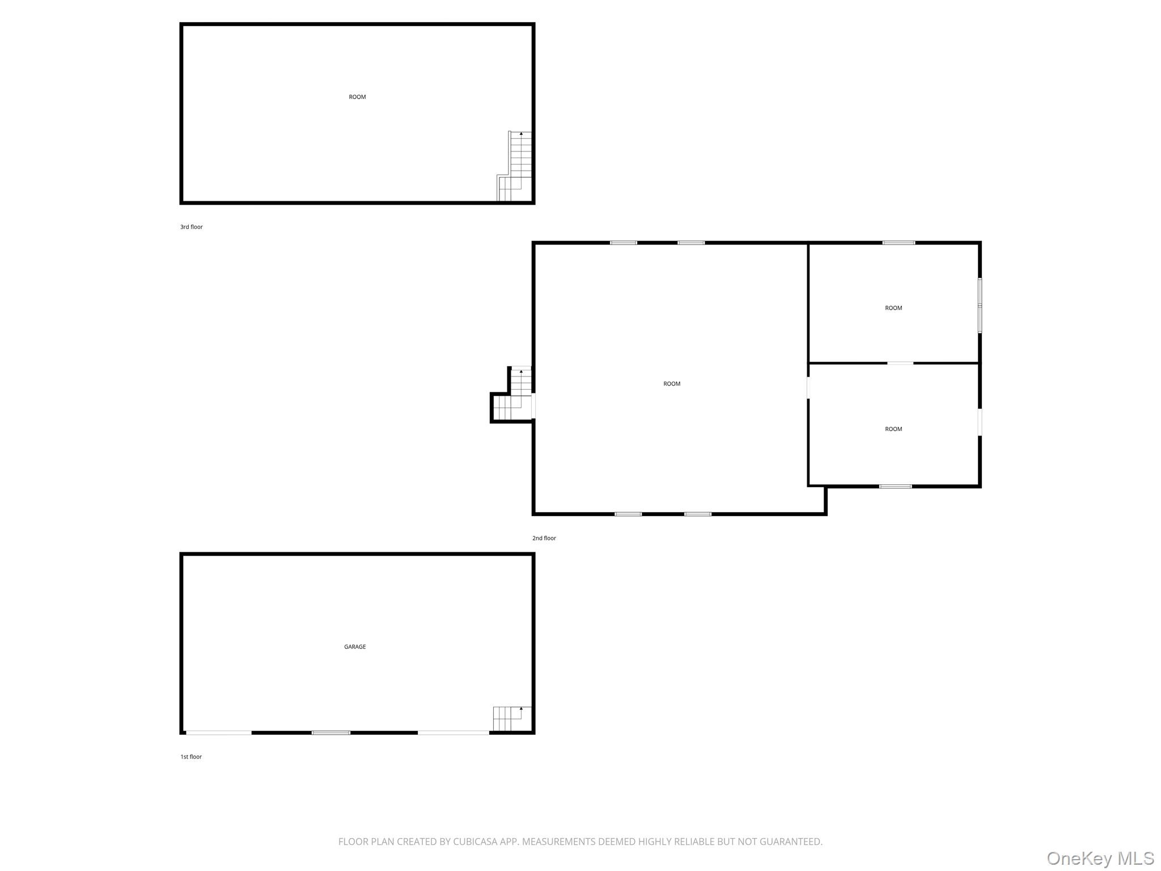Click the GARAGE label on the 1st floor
355,646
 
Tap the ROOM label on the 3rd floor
357,97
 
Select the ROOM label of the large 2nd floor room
672,384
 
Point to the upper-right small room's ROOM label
893,308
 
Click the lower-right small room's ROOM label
893,429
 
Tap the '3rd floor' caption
192,227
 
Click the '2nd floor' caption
544,538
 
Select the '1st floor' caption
191,756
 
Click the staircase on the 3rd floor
515,166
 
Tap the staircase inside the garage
512,719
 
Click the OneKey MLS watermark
1100,859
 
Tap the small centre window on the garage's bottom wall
331,733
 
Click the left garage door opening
219,733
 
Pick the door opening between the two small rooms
900,363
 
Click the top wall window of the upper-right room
899,243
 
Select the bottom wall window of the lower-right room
896,486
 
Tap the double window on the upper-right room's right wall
980,305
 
